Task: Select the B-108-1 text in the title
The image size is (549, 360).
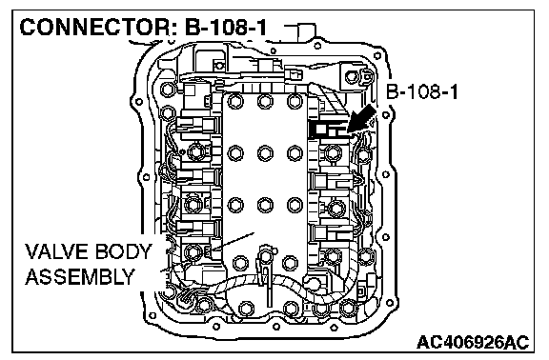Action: click(x=225, y=27)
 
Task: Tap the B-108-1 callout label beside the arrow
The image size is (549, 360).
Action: click(x=422, y=92)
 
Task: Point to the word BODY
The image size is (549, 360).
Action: click(x=123, y=251)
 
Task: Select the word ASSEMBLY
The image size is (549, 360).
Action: click(x=80, y=277)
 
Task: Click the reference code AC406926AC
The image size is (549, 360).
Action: click(x=473, y=342)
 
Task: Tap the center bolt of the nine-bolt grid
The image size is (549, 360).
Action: click(x=265, y=153)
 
